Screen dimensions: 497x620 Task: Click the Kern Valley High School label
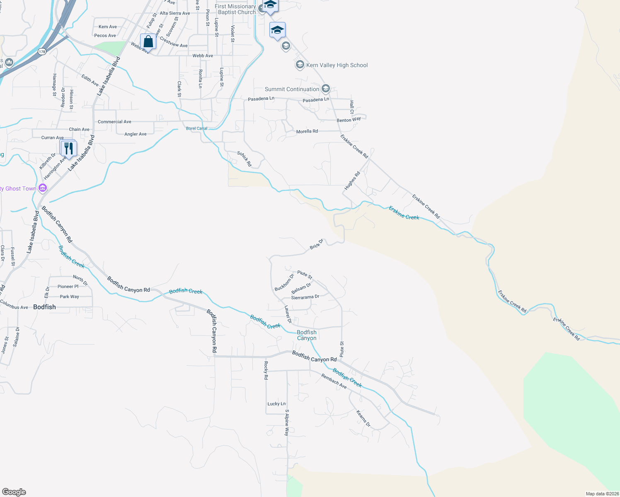(x=337, y=65)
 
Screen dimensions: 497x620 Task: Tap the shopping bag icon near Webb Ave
(x=148, y=41)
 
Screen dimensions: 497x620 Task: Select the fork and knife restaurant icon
(x=69, y=148)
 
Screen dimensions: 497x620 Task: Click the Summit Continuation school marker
(x=326, y=89)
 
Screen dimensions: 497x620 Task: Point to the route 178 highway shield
(x=41, y=52)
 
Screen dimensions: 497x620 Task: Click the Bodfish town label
(x=44, y=307)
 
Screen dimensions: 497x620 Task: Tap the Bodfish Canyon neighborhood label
(x=307, y=335)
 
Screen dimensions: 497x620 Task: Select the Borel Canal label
(x=196, y=128)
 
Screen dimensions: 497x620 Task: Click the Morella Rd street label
(x=307, y=131)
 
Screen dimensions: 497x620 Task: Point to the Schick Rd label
(x=245, y=159)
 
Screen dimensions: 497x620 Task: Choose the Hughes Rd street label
(x=352, y=181)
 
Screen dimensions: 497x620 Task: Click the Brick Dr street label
(x=317, y=244)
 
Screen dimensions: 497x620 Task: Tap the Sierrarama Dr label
(x=305, y=297)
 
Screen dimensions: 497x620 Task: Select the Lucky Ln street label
(x=276, y=404)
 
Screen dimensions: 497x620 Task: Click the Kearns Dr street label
(x=363, y=418)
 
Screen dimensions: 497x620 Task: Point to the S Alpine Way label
(x=286, y=422)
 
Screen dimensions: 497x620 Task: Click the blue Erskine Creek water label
(x=404, y=213)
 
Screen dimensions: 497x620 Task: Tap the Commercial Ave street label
(x=114, y=122)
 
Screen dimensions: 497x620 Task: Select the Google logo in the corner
(x=14, y=492)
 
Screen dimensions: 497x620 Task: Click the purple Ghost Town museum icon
(x=42, y=188)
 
